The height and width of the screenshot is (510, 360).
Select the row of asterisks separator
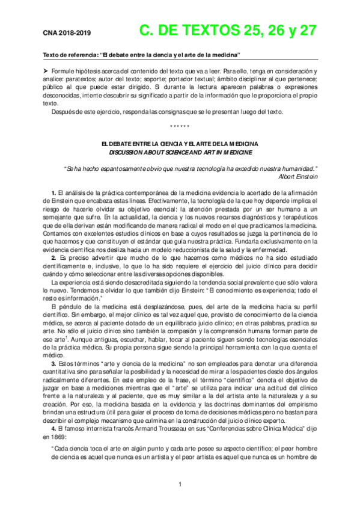(x=180, y=126)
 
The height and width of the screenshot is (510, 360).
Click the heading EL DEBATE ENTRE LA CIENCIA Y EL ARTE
(x=180, y=144)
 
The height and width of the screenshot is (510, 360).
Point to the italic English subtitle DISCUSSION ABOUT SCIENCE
(x=180, y=153)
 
